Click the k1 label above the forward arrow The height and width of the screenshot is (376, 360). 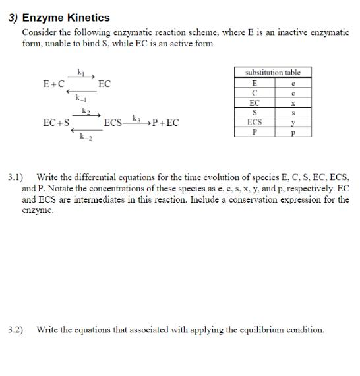pyautogui.click(x=81, y=71)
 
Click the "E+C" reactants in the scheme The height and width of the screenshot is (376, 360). pyautogui.click(x=54, y=84)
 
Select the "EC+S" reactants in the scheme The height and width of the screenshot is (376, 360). pyautogui.click(x=56, y=123)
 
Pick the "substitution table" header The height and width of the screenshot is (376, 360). pyautogui.click(x=272, y=72)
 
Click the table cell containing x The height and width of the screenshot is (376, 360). pyautogui.click(x=291, y=103)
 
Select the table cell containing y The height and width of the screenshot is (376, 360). pyautogui.click(x=291, y=123)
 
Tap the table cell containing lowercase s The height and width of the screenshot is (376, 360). pyautogui.click(x=291, y=113)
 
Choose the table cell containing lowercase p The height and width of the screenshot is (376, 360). pyautogui.click(x=291, y=132)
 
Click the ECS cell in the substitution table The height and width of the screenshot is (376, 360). pyautogui.click(x=254, y=123)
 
